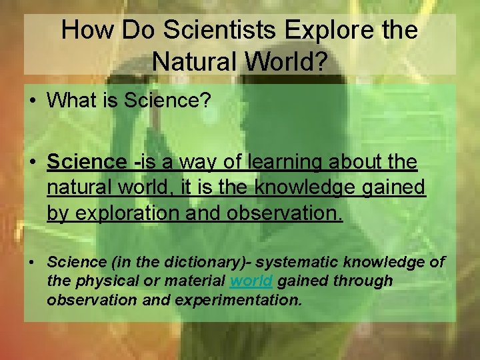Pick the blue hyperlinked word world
[x=251, y=281]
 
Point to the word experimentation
[x=239, y=300]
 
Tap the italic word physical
[x=100, y=281]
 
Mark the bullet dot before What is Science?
[x=32, y=101]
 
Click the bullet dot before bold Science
[x=32, y=163]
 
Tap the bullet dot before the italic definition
[x=32, y=263]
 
